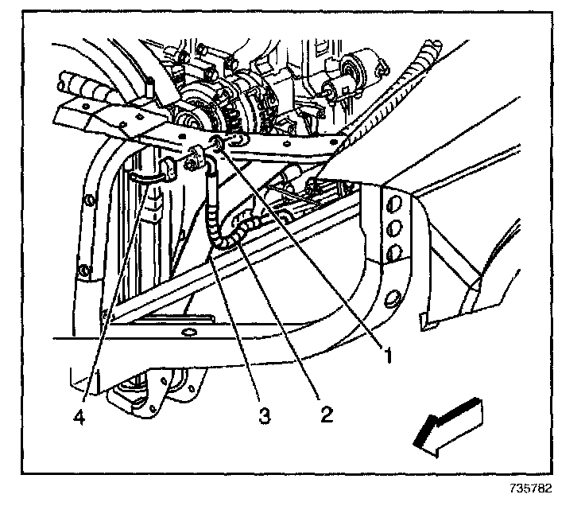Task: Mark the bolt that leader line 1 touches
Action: [218, 144]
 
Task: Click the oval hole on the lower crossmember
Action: [188, 332]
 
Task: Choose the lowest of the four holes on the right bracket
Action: [392, 299]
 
